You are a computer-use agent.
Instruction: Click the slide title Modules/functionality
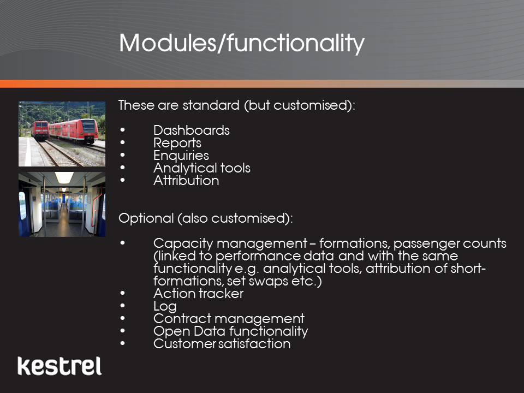242,43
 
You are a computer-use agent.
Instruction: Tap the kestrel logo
59,366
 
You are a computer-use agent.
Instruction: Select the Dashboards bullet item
192,130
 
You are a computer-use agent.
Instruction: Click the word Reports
177,143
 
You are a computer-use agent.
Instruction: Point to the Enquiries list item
181,156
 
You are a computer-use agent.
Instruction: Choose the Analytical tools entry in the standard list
202,168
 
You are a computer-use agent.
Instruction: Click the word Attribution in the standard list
186,181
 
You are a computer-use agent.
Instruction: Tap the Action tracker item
198,294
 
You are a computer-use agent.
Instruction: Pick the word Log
165,306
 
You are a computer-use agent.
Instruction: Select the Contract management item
229,319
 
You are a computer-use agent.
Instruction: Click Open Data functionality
230,331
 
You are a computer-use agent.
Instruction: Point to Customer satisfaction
222,344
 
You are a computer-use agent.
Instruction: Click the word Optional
146,218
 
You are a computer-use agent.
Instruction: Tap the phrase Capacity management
230,243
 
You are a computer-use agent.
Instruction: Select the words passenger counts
450,243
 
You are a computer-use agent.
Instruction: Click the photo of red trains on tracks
62,134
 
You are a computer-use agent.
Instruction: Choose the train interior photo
62,205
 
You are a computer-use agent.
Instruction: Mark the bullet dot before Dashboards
123,130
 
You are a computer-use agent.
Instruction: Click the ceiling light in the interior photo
64,177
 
